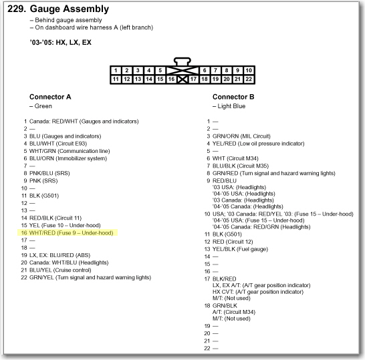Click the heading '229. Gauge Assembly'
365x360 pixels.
58,9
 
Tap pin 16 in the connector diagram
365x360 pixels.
171,79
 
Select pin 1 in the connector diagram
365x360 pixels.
116,70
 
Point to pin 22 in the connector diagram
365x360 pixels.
249,79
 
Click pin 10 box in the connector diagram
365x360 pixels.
249,70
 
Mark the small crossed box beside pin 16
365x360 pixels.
182,79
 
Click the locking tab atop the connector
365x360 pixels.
182,61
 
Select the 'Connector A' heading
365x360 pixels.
50,97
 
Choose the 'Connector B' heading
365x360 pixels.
233,97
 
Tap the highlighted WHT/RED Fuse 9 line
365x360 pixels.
68,233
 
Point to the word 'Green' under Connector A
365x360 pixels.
43,106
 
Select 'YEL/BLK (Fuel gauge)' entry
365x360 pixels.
240,249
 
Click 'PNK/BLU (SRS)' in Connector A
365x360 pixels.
49,173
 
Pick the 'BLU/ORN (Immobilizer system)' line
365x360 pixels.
68,158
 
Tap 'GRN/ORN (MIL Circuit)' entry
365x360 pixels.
241,136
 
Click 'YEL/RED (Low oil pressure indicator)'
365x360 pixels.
259,144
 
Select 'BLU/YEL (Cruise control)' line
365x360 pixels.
60,270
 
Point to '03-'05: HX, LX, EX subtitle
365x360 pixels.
61,42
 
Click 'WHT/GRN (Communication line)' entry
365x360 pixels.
70,151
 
